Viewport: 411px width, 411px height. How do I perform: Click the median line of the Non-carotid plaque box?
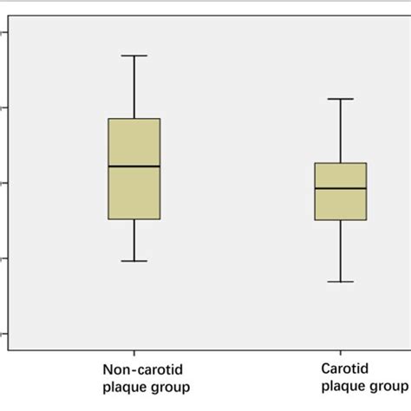coord(134,166)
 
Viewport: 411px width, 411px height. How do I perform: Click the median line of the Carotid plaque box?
coord(341,188)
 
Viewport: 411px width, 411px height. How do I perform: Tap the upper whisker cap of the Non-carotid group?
coord(134,55)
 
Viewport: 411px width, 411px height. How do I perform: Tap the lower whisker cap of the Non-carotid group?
coord(134,261)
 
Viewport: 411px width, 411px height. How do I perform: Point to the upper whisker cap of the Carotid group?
coord(341,99)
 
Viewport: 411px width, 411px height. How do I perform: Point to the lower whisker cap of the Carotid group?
coord(341,282)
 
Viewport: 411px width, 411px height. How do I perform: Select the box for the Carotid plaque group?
coord(341,205)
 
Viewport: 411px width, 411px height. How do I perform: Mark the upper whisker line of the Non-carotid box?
coord(134,87)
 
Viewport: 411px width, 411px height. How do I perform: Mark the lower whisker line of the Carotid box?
coord(341,251)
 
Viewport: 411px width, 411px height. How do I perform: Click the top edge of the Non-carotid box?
coord(134,119)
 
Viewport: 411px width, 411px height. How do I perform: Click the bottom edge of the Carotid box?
coord(341,220)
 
